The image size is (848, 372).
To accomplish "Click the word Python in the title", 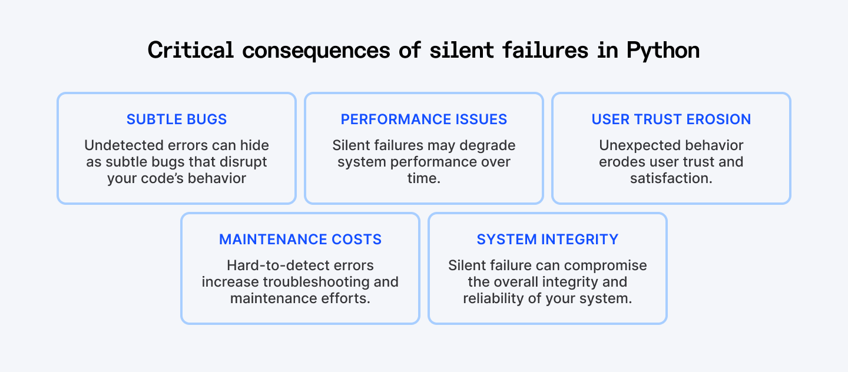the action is tap(663, 51).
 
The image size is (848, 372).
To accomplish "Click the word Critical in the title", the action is tap(190, 50).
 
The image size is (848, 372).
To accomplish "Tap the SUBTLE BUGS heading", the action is tap(177, 119).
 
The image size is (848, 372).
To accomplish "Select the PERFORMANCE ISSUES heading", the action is tap(423, 119).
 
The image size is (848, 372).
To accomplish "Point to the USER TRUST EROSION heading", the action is tap(671, 119).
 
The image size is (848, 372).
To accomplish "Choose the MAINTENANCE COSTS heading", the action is tap(300, 239).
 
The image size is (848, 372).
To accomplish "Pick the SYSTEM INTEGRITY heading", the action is tap(548, 239).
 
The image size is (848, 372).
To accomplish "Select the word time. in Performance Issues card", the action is tap(424, 178).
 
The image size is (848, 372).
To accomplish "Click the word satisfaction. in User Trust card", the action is tap(671, 178).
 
